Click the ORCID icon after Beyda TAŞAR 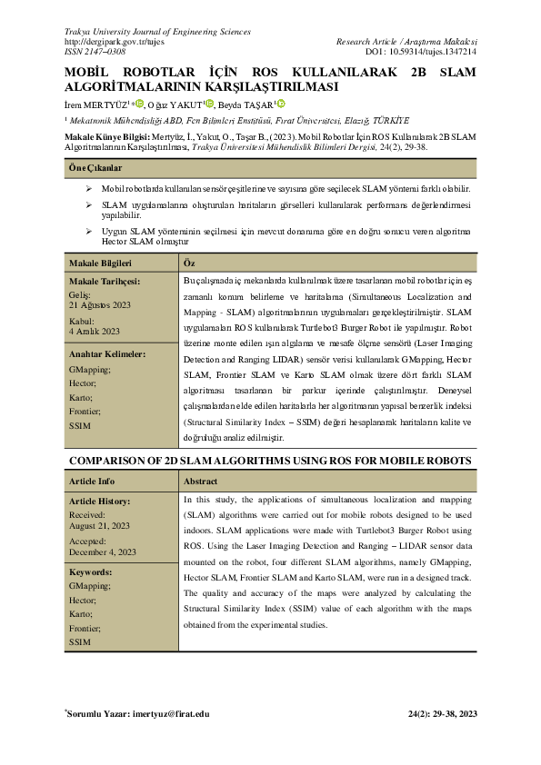(282, 104)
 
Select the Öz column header (189, 263)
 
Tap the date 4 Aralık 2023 (95, 332)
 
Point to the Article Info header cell (92, 482)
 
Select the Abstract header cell (200, 482)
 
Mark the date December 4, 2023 (103, 551)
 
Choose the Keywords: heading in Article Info (90, 572)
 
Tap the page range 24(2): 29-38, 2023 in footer (443, 714)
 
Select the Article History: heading (105, 502)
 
